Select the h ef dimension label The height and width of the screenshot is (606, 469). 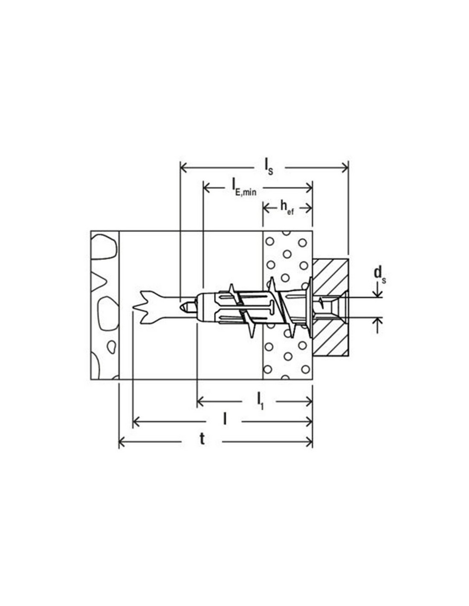coord(287,208)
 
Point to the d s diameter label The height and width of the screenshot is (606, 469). coord(380,276)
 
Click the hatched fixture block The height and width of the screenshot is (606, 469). coord(330,308)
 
